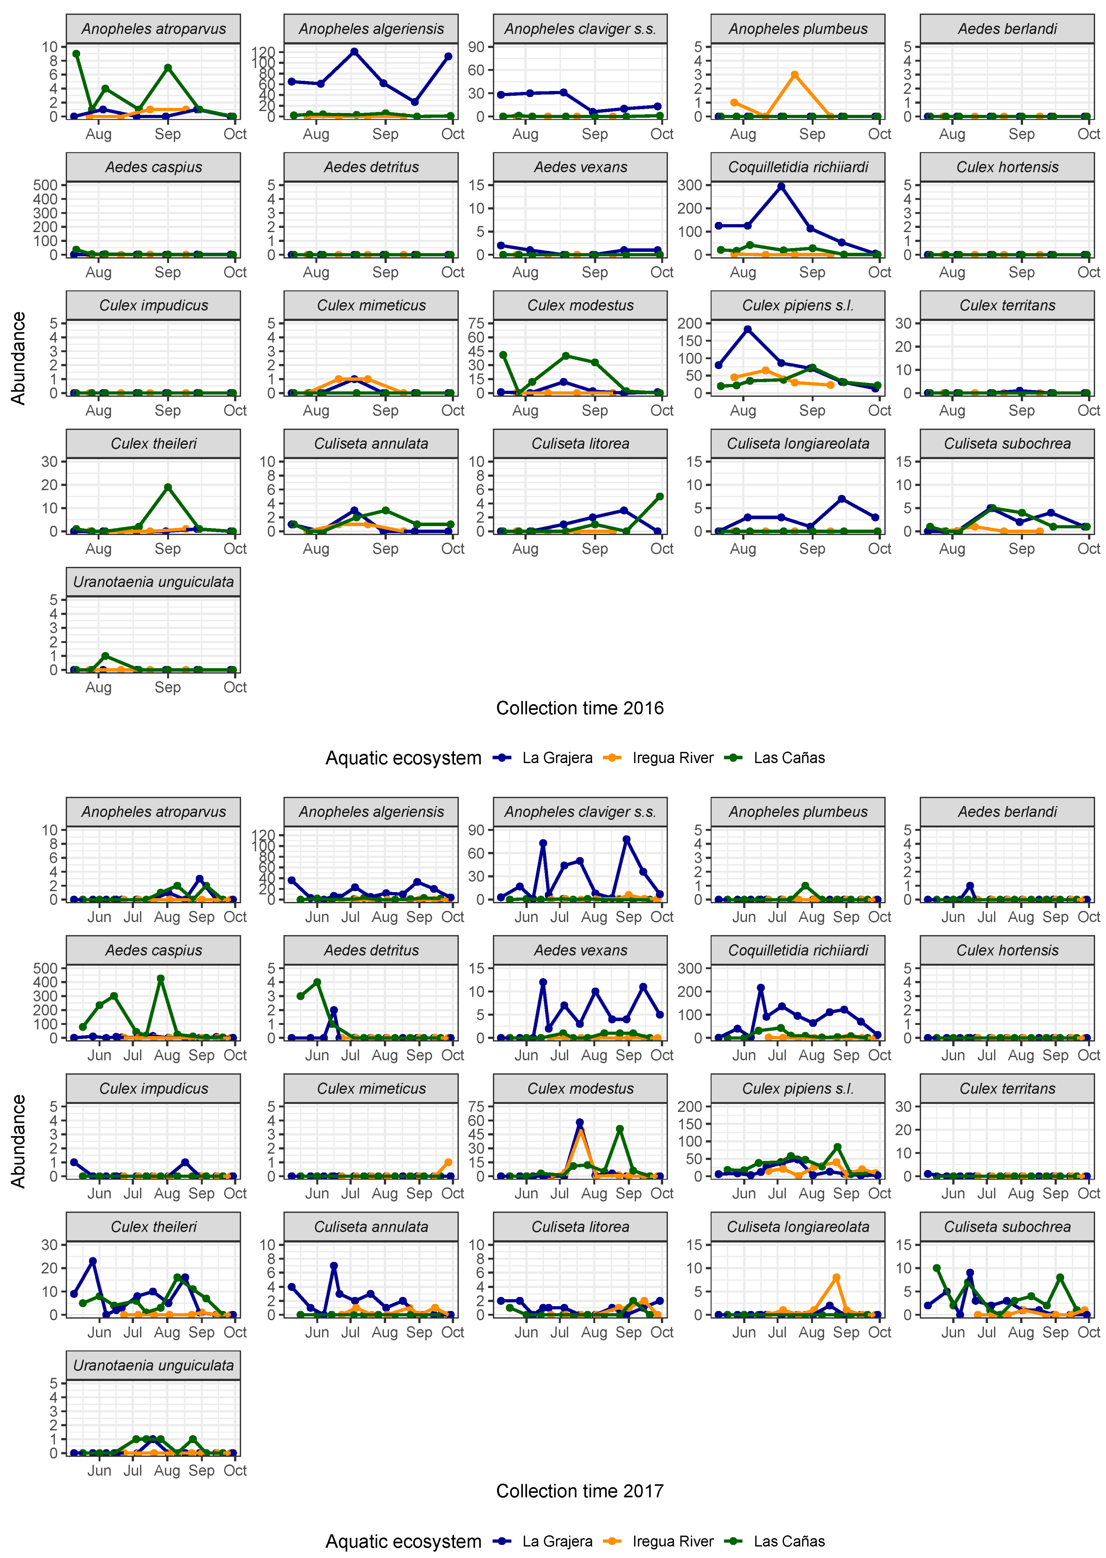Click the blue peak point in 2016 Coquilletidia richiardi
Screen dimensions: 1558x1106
point(781,186)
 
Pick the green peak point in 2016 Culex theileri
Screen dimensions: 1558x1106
point(167,487)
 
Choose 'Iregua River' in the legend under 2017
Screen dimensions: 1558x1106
point(672,1541)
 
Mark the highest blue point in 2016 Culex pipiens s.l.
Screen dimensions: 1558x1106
point(748,329)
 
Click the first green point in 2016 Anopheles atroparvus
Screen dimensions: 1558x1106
point(76,54)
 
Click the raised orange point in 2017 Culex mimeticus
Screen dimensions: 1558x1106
point(448,1162)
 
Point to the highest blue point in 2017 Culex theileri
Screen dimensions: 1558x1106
point(93,1261)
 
